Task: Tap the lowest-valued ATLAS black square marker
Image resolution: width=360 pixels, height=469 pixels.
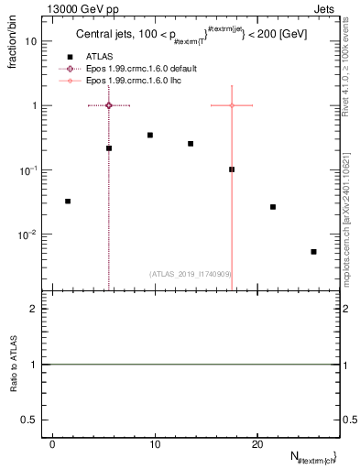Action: [x=313, y=251]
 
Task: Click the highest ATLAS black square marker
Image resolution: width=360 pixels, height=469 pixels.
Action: [x=150, y=135]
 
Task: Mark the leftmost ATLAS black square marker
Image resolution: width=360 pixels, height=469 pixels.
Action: [x=68, y=201]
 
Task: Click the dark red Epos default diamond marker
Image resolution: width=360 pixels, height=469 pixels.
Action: [x=109, y=105]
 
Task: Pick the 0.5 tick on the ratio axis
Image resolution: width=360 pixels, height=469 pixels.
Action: [x=35, y=420]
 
